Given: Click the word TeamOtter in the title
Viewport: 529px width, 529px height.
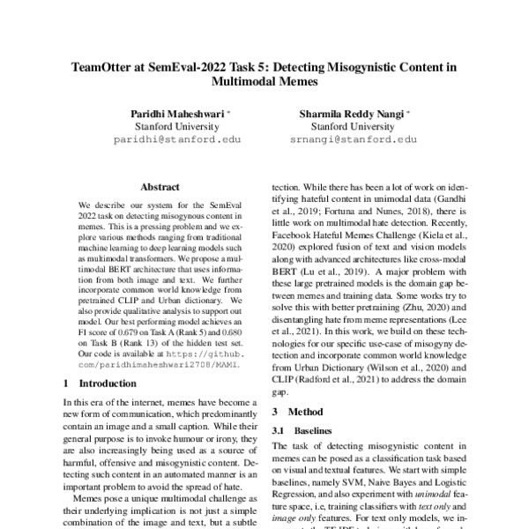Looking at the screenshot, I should point(101,65).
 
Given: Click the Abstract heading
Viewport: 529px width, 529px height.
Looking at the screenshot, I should point(160,187).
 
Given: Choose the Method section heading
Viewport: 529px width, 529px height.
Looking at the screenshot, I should point(302,412).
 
